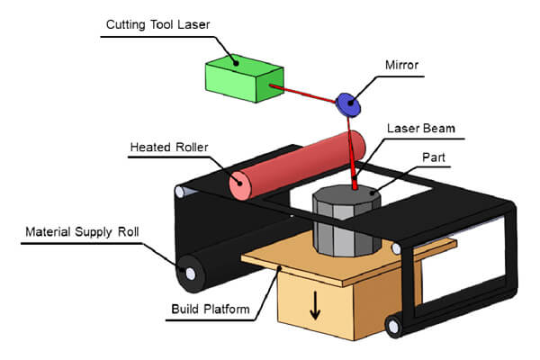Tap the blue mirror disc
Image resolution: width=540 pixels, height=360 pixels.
[348, 103]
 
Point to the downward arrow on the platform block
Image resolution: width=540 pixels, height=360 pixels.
[315, 306]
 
